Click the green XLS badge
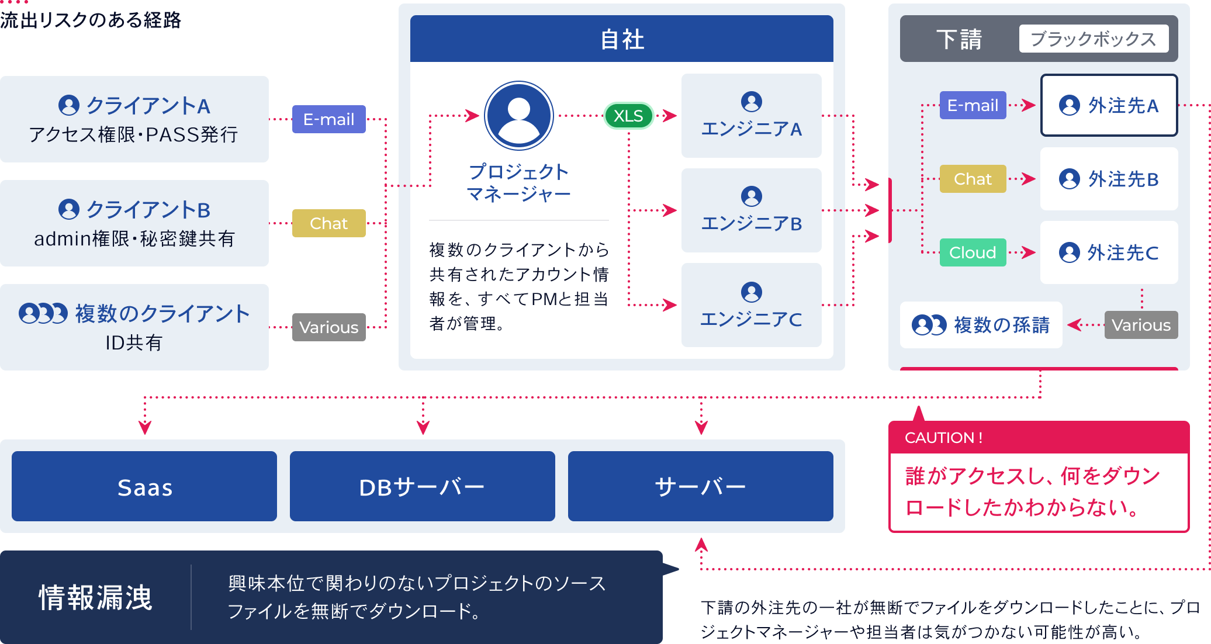pos(628,116)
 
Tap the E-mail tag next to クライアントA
pos(328,119)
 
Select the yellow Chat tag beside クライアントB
pos(328,223)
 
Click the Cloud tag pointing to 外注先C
pos(973,252)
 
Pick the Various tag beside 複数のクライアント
pos(328,327)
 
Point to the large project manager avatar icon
pos(519,116)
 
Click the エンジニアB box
pos(751,210)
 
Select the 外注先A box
pos(1109,105)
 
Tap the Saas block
pos(144,486)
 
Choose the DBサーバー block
pos(422,486)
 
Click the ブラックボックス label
pos(1094,39)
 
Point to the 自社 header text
pos(622,40)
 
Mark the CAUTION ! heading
pos(943,438)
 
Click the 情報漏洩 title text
pos(95,597)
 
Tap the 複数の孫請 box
pos(981,325)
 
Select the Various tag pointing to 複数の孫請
pos(1141,325)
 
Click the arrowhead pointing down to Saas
pos(145,428)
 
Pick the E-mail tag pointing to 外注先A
pos(973,105)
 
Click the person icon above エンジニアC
pos(752,292)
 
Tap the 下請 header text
pos(959,39)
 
